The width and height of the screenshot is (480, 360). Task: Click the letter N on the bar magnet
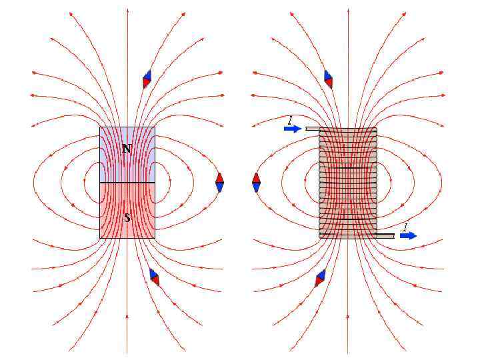pyautogui.click(x=127, y=149)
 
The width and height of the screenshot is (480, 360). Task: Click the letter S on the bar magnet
pyautogui.click(x=127, y=217)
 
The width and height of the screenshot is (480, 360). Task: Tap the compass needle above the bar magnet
pyautogui.click(x=147, y=79)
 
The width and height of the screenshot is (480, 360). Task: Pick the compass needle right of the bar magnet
pyautogui.click(x=219, y=182)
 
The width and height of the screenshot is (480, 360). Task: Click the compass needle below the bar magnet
pyautogui.click(x=154, y=276)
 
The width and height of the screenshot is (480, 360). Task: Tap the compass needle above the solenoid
pyautogui.click(x=328, y=79)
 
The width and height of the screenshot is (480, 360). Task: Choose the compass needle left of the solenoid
pyautogui.click(x=256, y=182)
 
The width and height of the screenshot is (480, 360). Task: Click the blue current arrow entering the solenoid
pyautogui.click(x=293, y=129)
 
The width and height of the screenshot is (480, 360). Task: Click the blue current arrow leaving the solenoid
pyautogui.click(x=408, y=235)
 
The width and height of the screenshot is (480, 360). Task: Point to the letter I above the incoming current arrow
pyautogui.click(x=290, y=119)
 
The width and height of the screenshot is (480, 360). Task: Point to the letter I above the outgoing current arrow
pyautogui.click(x=405, y=227)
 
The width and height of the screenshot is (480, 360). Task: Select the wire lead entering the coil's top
pyautogui.click(x=313, y=129)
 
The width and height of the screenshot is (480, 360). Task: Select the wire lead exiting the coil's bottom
pyautogui.click(x=385, y=235)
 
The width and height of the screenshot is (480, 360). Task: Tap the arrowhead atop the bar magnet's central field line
pyautogui.click(x=127, y=12)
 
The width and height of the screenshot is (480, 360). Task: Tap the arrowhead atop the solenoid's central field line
pyautogui.click(x=347, y=12)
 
